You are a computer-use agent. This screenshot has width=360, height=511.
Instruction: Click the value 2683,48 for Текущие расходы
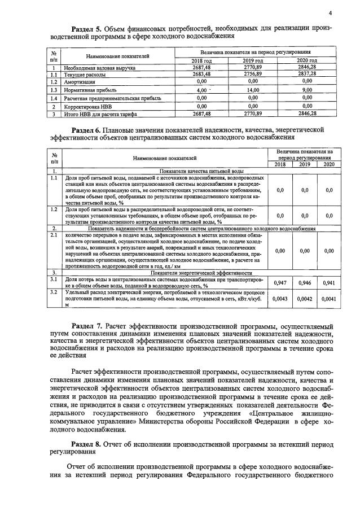pos(201,74)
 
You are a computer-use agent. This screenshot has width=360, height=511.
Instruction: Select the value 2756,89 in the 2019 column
pos(253,74)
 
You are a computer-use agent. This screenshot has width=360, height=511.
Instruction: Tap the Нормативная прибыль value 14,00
pos(253,90)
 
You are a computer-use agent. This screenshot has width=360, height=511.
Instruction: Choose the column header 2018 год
pos(201,60)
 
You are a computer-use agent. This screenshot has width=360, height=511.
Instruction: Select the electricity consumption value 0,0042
pos(305,299)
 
